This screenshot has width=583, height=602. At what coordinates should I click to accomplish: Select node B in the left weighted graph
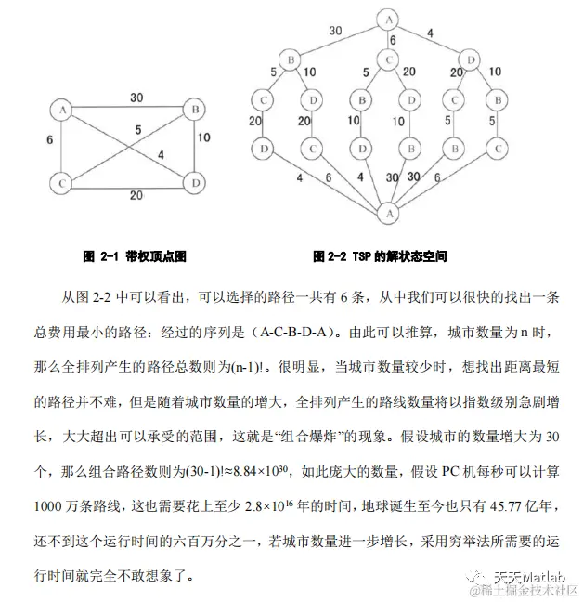coord(197,109)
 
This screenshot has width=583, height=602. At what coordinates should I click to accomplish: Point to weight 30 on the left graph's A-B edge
coord(136,97)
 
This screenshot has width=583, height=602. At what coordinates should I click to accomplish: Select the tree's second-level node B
coord(290,59)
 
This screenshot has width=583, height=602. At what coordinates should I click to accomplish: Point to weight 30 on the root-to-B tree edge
coord(335,30)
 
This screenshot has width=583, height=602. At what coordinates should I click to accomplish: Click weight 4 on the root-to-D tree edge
coord(430,34)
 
